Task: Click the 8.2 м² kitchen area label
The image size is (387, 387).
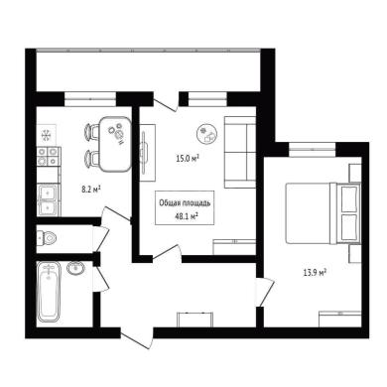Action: coord(91,190)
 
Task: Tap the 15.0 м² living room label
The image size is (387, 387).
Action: coord(188,159)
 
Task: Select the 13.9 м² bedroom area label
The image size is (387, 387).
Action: coord(316,273)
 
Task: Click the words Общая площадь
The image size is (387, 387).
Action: coord(185,202)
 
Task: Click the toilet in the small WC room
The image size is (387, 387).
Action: coord(47,237)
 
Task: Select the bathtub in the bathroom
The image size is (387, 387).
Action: coord(49,292)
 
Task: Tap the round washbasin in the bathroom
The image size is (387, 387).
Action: coord(76,267)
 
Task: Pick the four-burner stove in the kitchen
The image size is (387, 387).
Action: coord(48,157)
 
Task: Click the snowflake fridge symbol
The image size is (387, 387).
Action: coord(46,135)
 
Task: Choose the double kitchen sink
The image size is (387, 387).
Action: coord(48,199)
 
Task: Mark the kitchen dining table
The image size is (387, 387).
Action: coord(115,144)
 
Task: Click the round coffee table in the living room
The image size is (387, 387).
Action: coord(207,133)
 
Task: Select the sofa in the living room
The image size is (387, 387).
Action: coord(240,152)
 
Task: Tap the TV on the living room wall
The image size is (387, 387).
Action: coord(145,152)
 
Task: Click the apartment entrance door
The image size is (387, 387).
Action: coord(137,338)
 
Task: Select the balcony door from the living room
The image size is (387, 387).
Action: coord(167,102)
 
